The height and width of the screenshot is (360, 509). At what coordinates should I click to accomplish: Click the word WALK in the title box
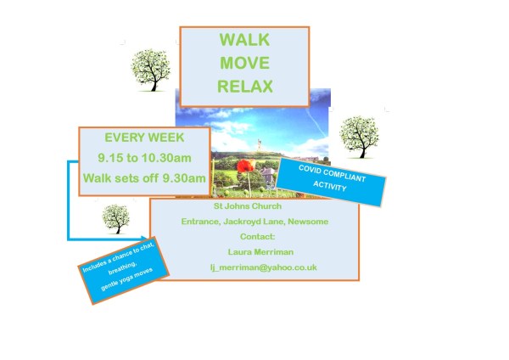(x=244, y=40)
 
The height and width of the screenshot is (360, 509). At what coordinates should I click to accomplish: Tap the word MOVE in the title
(x=244, y=63)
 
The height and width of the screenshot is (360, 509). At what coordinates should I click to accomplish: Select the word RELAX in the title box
(x=244, y=86)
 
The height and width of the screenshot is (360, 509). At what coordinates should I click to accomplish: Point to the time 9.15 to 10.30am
(x=143, y=158)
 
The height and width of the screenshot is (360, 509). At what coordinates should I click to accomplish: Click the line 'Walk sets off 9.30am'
(x=143, y=178)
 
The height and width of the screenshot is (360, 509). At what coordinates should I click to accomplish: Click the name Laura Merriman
(x=261, y=252)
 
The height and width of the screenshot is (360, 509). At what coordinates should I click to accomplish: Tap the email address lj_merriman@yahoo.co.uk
(x=263, y=267)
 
